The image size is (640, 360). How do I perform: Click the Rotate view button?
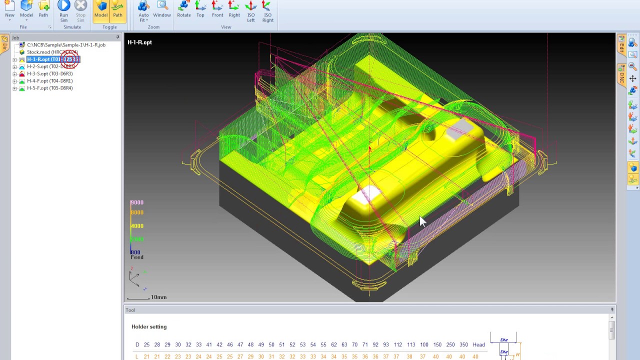click(x=183, y=9)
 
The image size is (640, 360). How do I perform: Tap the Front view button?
click(x=217, y=9)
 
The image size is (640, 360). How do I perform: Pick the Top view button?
click(x=200, y=9)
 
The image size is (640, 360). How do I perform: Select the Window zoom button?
click(x=162, y=9)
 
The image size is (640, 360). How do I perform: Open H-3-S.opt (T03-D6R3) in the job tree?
click(x=49, y=73)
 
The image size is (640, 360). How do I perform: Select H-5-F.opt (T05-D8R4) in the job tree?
click(x=49, y=88)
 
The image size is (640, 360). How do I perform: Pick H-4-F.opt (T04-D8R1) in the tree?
click(x=49, y=81)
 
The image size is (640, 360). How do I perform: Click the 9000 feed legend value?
click(x=137, y=202)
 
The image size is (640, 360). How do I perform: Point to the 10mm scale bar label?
click(x=158, y=297)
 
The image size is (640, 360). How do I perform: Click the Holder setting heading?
click(x=149, y=326)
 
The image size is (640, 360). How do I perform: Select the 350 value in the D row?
click(x=463, y=344)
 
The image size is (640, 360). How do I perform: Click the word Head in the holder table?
click(x=478, y=344)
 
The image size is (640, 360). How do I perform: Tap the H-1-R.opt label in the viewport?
click(x=139, y=42)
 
